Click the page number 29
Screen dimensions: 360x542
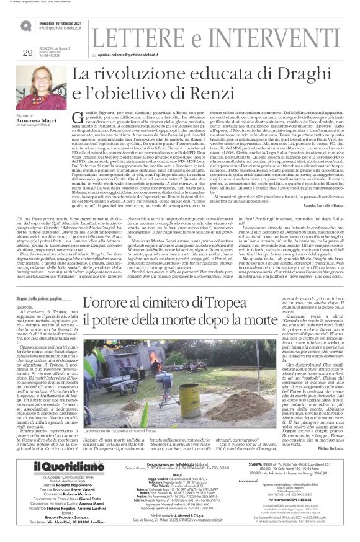click(x=27, y=52)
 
